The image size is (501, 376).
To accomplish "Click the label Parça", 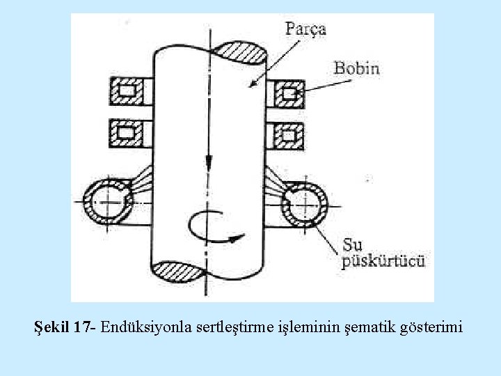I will pyautogui.click(x=305, y=29).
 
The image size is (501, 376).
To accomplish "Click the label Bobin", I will pyautogui.click(x=356, y=68).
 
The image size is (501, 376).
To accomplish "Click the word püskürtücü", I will pyautogui.click(x=383, y=262).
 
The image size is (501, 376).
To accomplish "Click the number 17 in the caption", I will pyautogui.click(x=83, y=326).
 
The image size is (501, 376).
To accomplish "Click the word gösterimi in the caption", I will pyautogui.click(x=433, y=326).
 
